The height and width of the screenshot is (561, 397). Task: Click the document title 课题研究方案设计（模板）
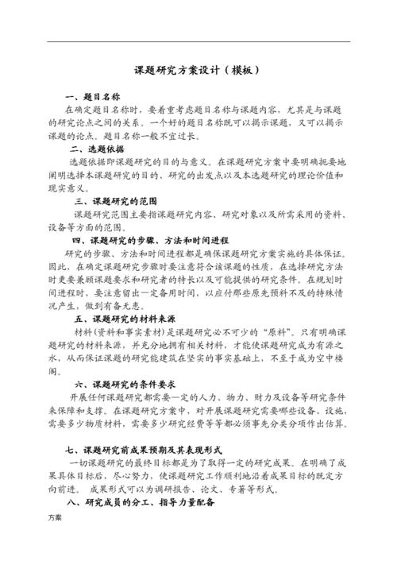(x=198, y=70)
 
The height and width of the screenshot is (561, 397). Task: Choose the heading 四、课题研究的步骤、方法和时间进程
(x=150, y=240)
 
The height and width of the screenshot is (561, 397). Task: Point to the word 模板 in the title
(x=237, y=70)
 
